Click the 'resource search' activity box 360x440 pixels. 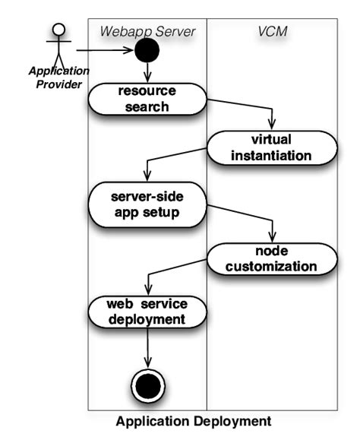click(x=146, y=98)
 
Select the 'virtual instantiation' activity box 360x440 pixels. click(x=271, y=147)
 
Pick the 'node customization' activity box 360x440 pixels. click(x=271, y=258)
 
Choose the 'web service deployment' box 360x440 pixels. click(x=146, y=312)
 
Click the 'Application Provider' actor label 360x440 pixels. click(x=58, y=77)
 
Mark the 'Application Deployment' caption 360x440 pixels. click(x=193, y=420)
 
